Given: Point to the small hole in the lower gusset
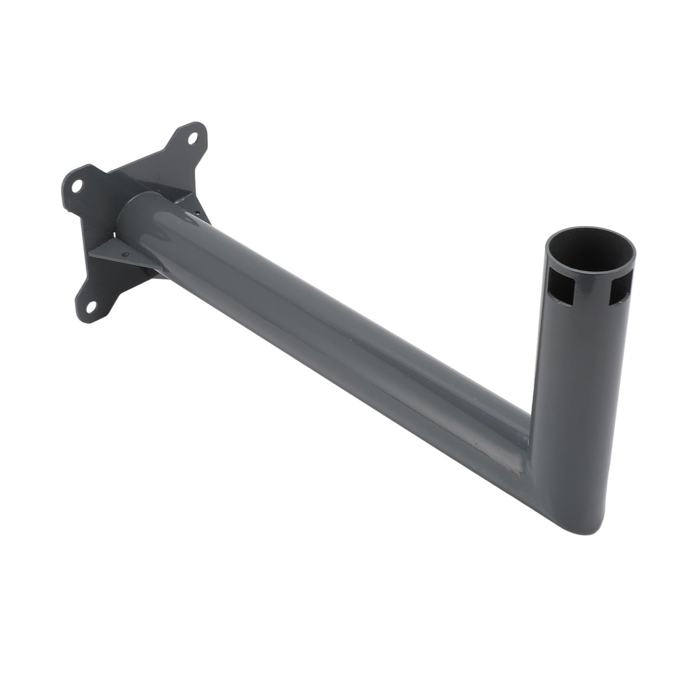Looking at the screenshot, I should pyautogui.click(x=126, y=255).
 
